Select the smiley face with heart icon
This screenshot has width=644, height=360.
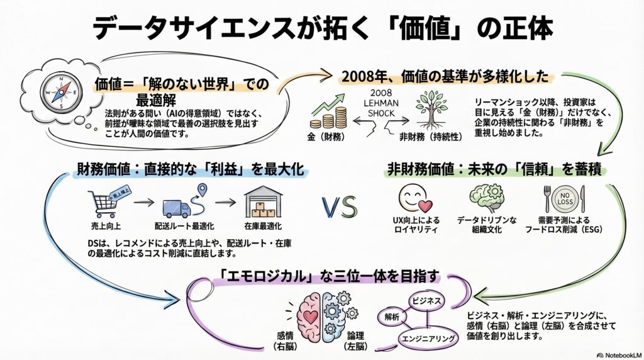click(x=415, y=198)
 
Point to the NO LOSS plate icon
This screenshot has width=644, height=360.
click(x=563, y=198)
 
